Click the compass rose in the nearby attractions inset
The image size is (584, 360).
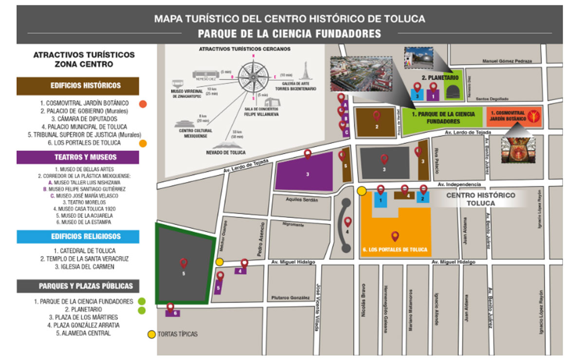pyautogui.click(x=253, y=76)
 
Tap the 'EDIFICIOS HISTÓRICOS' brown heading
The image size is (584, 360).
pyautogui.click(x=78, y=86)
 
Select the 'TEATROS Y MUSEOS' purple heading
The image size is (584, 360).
pyautogui.click(x=78, y=157)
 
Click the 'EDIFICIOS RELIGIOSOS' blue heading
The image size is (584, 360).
pyautogui.click(x=78, y=236)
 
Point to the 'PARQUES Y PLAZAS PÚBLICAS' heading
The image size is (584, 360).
pyautogui.click(x=78, y=286)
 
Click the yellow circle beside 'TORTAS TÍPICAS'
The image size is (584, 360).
pyautogui.click(x=152, y=335)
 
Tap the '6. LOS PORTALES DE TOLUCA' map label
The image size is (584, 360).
pyautogui.click(x=395, y=250)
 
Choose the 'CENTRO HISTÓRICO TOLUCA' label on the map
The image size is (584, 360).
pyautogui.click(x=480, y=199)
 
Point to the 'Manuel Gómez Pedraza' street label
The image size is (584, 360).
pyautogui.click(x=507, y=61)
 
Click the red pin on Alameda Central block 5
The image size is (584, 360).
pyautogui.click(x=183, y=263)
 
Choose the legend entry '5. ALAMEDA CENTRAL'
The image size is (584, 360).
pyautogui.click(x=83, y=333)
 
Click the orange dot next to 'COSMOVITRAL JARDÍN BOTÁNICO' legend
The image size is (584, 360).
pyautogui.click(x=143, y=104)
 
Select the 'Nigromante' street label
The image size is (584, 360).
pyautogui.click(x=293, y=225)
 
